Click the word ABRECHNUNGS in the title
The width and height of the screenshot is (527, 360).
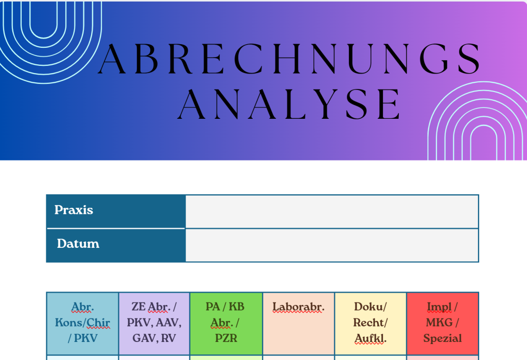[289, 59]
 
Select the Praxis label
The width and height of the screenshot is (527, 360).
[74, 210]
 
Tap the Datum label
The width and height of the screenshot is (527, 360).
[78, 243]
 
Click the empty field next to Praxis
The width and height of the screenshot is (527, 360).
[332, 211]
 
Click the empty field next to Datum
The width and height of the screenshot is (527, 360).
[332, 245]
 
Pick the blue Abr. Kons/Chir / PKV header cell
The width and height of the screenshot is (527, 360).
[83, 323]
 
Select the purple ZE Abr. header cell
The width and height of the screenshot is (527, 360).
[154, 323]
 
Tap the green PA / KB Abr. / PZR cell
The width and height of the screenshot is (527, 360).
[226, 323]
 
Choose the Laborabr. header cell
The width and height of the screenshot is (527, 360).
[298, 323]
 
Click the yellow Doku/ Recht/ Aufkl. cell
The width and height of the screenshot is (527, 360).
[371, 323]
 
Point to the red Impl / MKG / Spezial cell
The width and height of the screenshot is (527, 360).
[443, 323]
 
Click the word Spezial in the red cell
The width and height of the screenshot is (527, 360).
[443, 338]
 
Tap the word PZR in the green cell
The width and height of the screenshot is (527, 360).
[226, 338]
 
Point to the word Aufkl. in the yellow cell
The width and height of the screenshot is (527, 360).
[371, 338]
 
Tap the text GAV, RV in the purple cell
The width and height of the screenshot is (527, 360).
[154, 338]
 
